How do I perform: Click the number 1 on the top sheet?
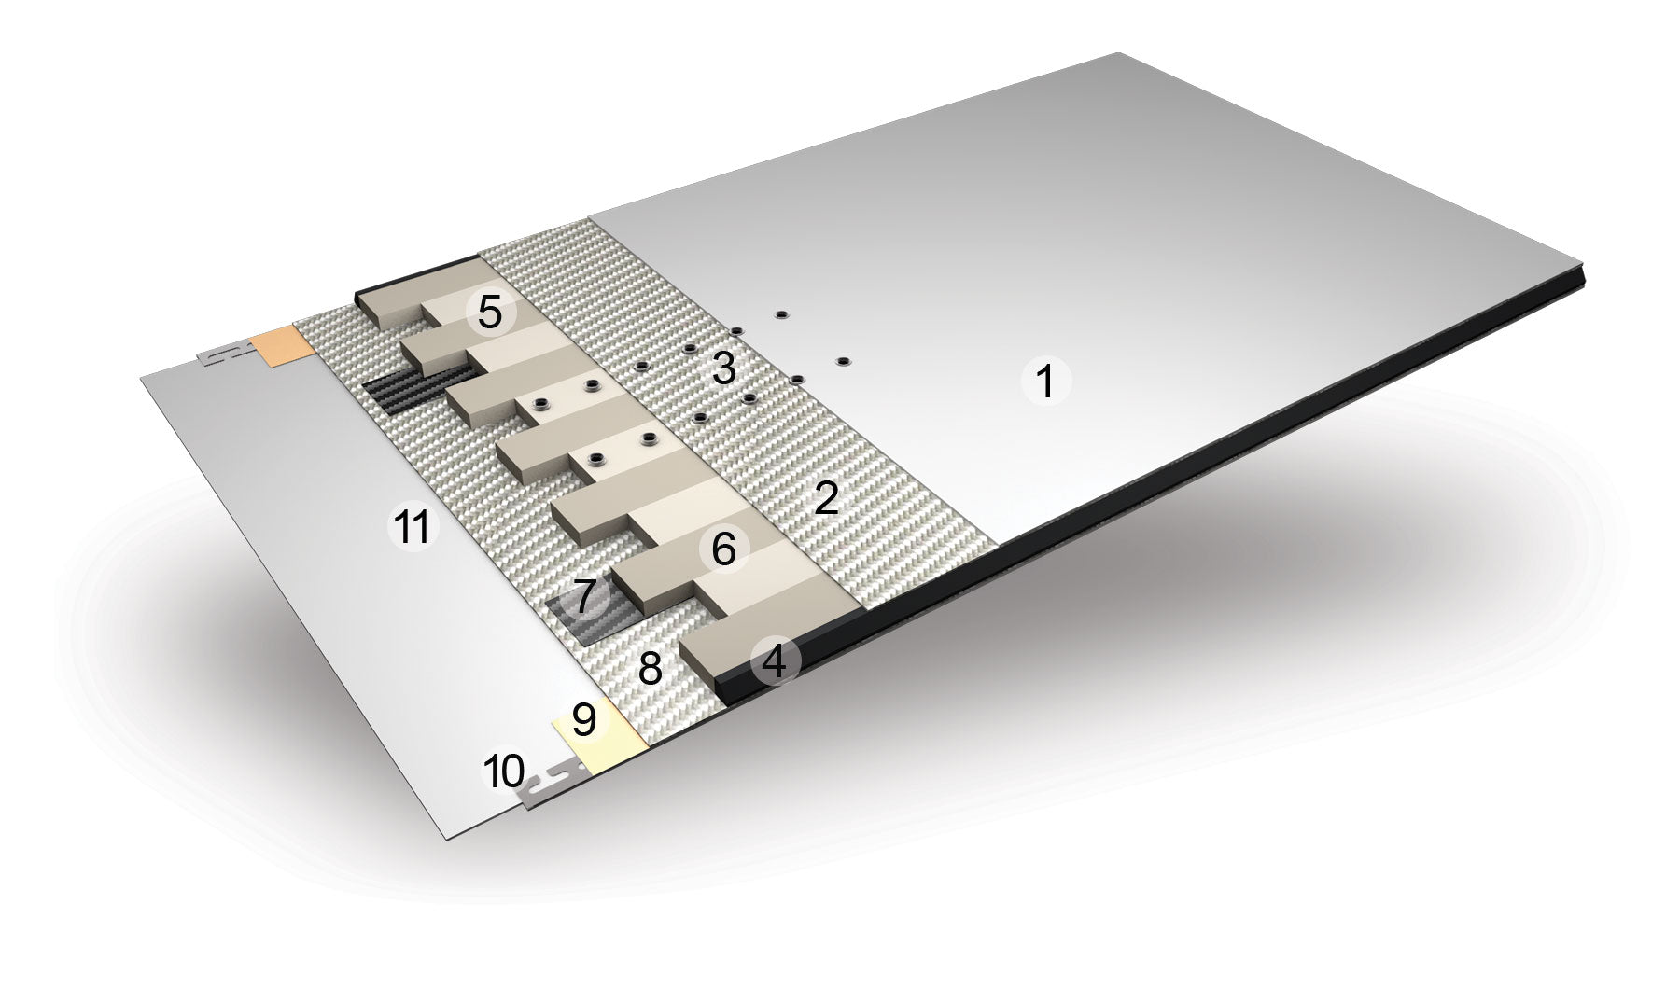(1045, 382)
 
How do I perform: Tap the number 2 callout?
(827, 499)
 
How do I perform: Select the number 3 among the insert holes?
(724, 369)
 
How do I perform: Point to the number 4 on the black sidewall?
(774, 661)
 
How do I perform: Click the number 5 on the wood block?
(490, 313)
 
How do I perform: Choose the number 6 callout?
(724, 549)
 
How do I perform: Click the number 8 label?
(650, 668)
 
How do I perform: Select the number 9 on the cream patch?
(583, 719)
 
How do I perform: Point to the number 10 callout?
(504, 772)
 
